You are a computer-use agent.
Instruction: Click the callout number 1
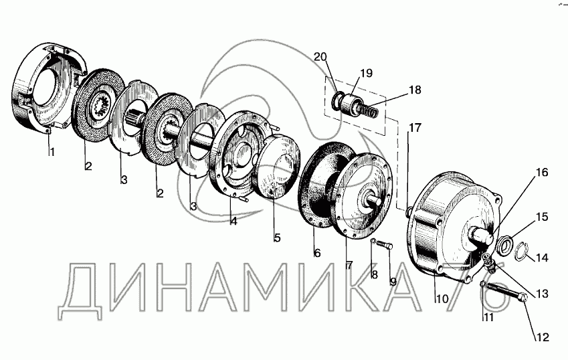52,153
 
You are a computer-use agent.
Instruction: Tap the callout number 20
320,57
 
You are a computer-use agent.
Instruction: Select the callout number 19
366,73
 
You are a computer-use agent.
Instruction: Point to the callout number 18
415,90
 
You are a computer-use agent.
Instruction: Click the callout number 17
415,128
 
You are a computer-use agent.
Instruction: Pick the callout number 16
542,173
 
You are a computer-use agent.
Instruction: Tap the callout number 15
543,217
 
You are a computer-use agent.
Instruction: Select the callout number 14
542,258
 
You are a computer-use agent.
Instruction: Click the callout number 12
543,337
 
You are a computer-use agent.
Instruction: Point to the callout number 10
442,299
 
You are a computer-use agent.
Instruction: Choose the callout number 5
277,238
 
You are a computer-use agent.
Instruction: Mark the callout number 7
349,266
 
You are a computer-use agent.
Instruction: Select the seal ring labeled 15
504,244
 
